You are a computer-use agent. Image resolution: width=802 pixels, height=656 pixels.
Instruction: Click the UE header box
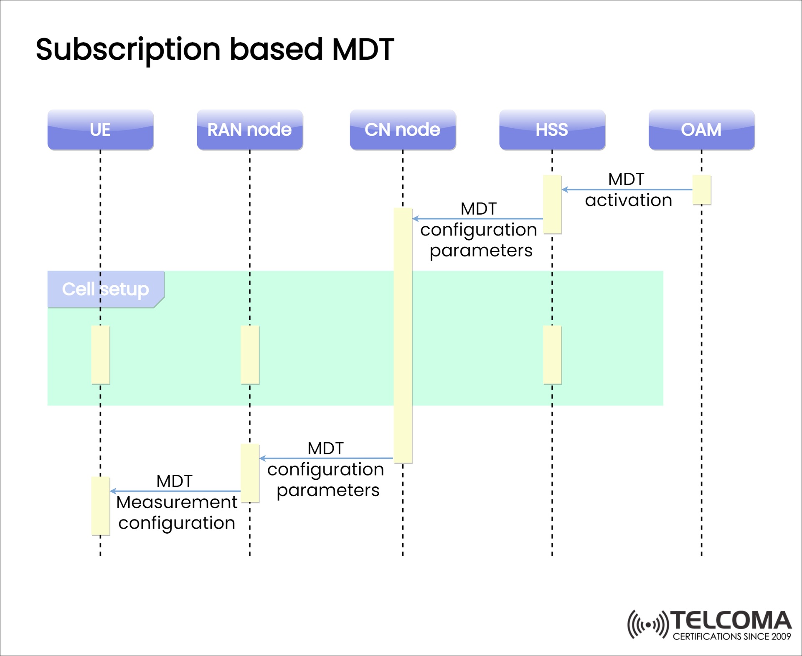(100, 130)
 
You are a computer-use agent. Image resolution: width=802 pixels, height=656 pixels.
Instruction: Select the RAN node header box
(250, 130)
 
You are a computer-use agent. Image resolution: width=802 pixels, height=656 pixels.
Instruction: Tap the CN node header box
(403, 130)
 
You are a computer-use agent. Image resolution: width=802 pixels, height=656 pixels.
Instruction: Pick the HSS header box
(552, 130)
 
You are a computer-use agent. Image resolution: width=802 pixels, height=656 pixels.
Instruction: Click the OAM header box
(701, 130)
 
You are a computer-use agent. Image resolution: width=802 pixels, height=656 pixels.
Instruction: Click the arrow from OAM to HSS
(627, 190)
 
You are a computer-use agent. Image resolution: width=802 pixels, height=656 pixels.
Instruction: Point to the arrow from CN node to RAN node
(326, 458)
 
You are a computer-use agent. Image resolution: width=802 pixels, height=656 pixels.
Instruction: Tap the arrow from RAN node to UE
(175, 491)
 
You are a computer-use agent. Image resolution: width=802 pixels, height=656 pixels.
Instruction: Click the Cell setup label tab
(105, 289)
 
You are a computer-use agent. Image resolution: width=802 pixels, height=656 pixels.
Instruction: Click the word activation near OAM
(628, 200)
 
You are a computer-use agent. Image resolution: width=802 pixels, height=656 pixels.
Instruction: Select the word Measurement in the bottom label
(177, 502)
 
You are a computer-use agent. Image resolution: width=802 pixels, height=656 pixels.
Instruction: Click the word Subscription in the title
(128, 49)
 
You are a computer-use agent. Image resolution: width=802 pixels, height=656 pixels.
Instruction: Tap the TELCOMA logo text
(731, 621)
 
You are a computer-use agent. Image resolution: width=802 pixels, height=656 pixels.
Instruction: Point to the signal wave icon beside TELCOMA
(648, 625)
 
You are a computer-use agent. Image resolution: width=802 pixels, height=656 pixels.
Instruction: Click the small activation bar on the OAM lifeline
(701, 190)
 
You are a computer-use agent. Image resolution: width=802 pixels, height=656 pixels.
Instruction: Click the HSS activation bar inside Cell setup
(552, 355)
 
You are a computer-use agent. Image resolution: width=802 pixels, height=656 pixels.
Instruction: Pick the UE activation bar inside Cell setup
(100, 355)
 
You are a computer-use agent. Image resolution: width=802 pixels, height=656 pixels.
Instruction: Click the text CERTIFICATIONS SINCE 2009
(732, 636)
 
